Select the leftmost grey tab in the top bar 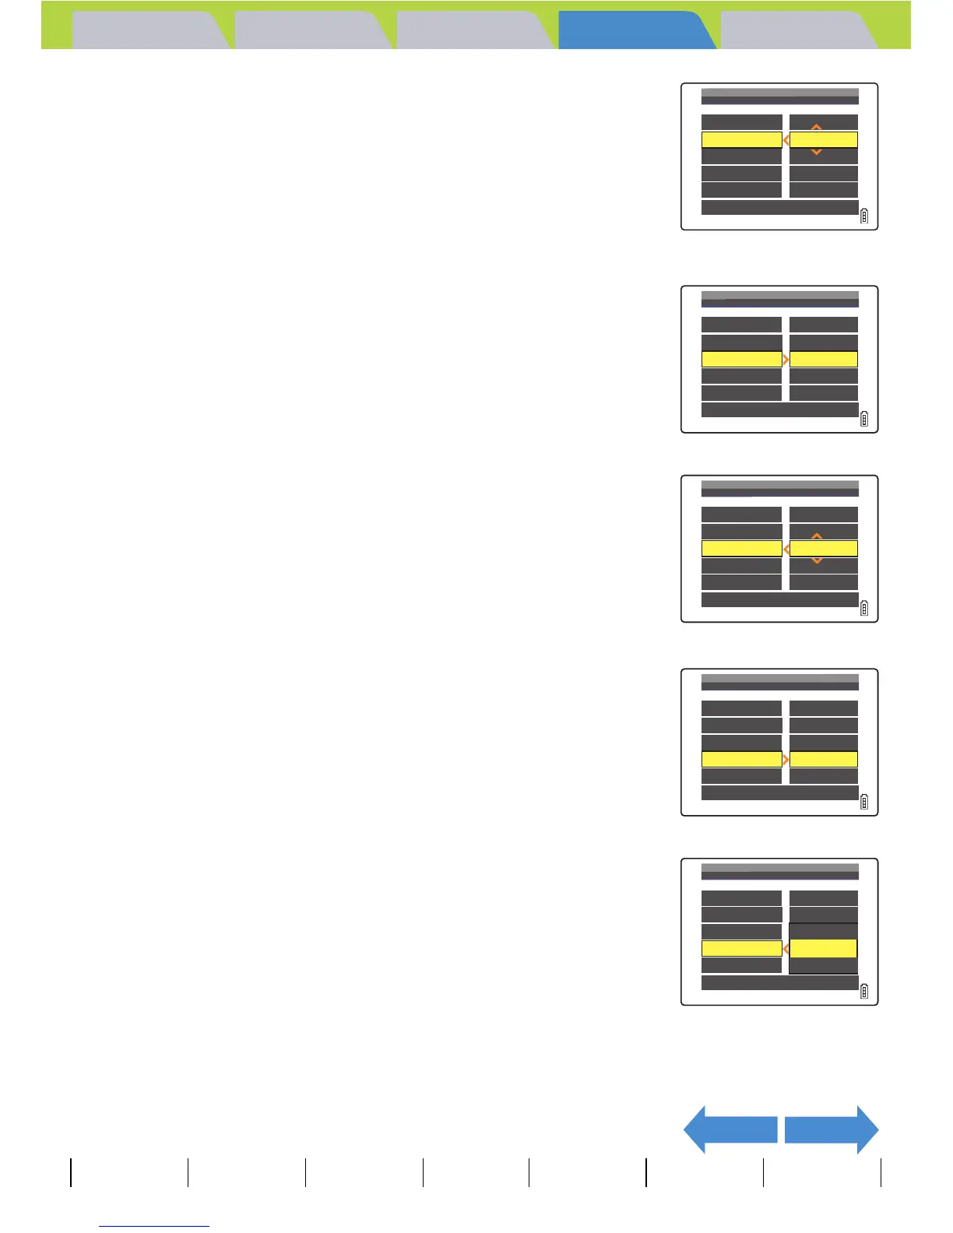(x=148, y=31)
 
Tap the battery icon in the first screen (x=864, y=216)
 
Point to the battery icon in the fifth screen (x=864, y=992)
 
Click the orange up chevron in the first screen (x=816, y=127)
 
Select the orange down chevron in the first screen (x=816, y=153)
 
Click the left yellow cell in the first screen (x=741, y=140)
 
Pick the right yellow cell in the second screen (x=824, y=360)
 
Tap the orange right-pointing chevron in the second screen (x=786, y=360)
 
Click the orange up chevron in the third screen (x=816, y=536)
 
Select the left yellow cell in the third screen (x=741, y=549)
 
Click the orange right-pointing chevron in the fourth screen (x=786, y=759)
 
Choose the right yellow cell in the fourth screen (x=824, y=759)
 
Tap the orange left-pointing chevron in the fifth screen (x=786, y=949)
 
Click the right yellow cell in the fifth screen (x=823, y=948)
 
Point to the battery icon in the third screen (x=864, y=609)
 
